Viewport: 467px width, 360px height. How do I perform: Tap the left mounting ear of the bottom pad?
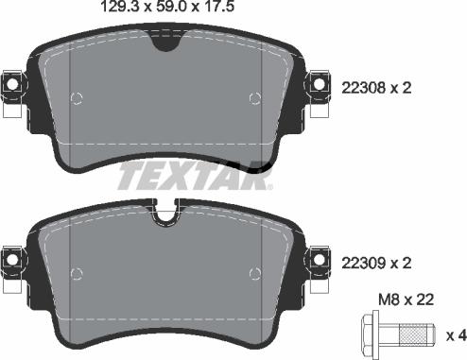12,256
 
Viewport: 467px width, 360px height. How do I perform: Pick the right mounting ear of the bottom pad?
319,256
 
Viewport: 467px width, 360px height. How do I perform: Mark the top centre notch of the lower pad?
165,218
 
